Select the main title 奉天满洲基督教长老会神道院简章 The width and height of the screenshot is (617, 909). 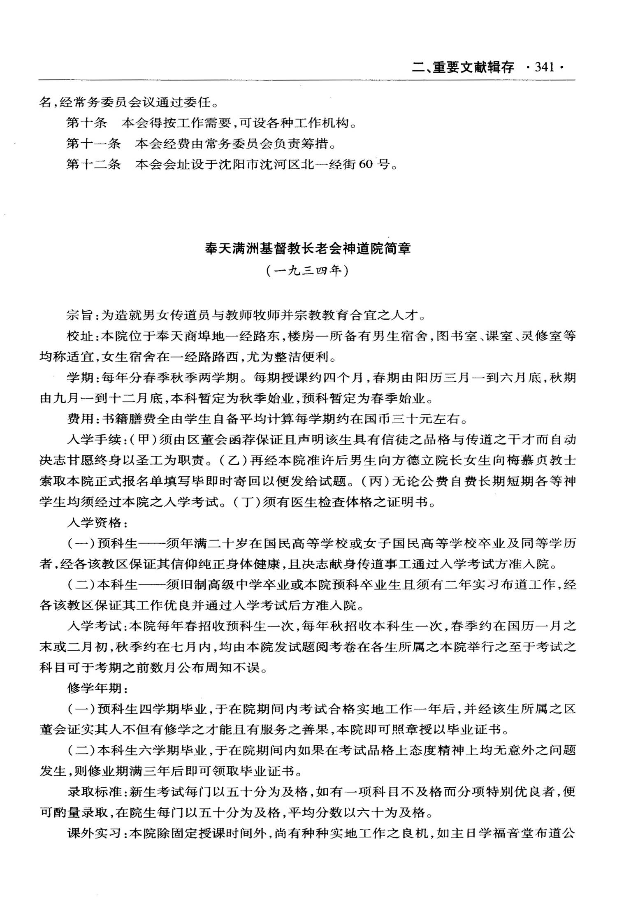point(308,249)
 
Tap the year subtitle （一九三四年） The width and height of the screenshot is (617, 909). point(307,271)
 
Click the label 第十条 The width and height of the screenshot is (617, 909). point(86,123)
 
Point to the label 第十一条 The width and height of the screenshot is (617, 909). point(93,144)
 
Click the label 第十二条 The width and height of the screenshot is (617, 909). point(93,165)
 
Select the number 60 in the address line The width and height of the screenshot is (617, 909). point(365,165)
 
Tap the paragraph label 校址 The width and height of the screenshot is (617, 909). point(79,336)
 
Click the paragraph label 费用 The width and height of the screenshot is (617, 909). point(79,419)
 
